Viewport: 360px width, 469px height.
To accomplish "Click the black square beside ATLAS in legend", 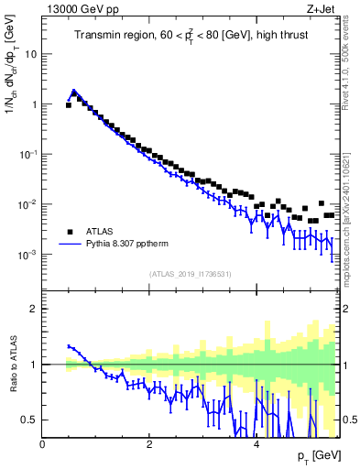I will pos(70,232).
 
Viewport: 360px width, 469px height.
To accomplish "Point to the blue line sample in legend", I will pos(71,245).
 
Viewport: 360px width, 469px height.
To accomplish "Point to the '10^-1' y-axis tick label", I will pos(27,154).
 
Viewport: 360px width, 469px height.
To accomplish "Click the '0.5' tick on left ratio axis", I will pos(28,420).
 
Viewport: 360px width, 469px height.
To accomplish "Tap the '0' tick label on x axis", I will pos(43,443).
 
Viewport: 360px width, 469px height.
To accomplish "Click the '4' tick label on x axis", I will pos(256,443).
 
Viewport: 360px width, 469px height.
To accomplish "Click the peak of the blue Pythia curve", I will pos(74,92).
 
